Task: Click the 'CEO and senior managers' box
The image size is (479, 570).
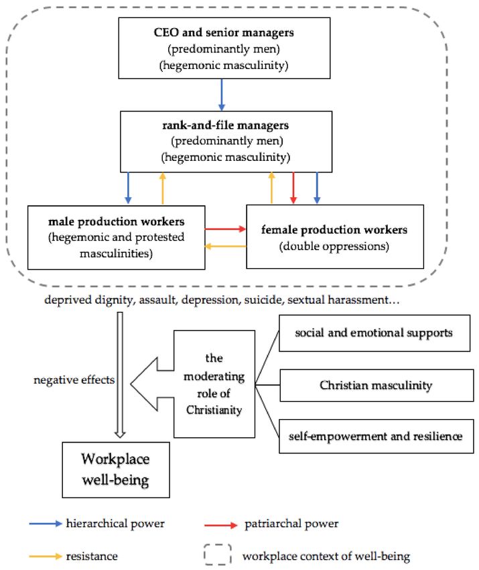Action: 224,48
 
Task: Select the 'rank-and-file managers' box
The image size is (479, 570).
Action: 226,141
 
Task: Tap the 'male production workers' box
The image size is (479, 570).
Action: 116,237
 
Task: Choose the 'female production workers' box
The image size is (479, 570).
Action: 335,237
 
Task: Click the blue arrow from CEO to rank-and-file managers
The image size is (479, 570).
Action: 222,95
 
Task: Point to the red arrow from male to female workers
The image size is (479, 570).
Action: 226,229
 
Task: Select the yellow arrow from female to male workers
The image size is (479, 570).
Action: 226,247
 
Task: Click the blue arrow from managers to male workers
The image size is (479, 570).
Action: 128,188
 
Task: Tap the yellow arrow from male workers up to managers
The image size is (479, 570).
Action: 163,188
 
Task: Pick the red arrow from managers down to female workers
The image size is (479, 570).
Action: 293,188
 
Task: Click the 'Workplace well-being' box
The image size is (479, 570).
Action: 116,469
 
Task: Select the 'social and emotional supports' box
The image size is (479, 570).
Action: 374,333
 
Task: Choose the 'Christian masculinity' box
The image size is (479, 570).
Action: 377,386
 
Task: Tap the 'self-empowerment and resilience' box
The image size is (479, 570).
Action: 377,437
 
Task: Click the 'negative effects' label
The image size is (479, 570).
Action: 74,380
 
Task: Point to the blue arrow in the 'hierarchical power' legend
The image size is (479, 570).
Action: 46,524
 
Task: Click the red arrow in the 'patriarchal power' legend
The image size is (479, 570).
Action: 221,525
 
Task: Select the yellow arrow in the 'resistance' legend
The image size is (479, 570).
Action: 46,556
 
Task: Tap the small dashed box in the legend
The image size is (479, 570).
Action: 218,555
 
